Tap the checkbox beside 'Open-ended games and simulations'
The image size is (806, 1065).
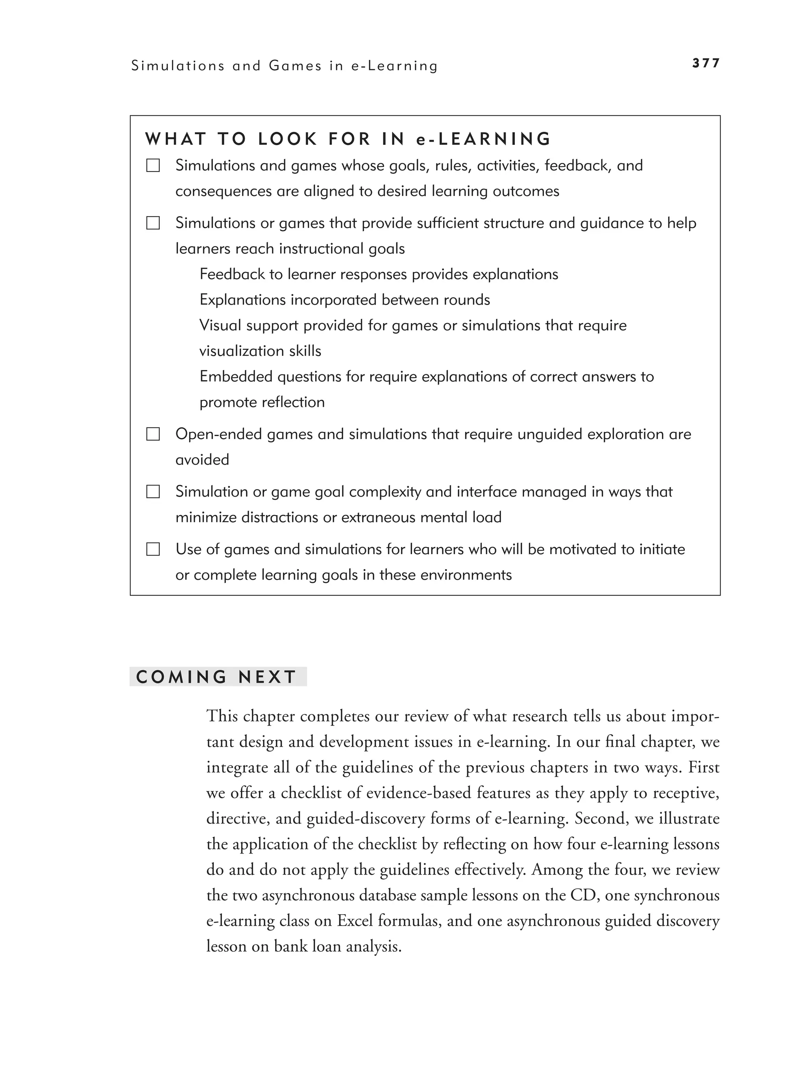(x=153, y=434)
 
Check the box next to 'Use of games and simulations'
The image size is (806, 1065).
(x=153, y=549)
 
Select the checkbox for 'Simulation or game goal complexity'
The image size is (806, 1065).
(x=153, y=492)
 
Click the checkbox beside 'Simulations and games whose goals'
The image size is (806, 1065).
(x=153, y=166)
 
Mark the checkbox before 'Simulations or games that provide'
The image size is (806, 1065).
(x=153, y=223)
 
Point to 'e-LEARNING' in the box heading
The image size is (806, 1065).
(x=483, y=139)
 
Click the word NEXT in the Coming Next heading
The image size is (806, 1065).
(x=267, y=677)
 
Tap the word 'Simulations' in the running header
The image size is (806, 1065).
(x=177, y=66)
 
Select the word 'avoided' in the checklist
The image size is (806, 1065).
(x=202, y=460)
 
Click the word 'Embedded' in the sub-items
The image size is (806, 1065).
(x=236, y=377)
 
